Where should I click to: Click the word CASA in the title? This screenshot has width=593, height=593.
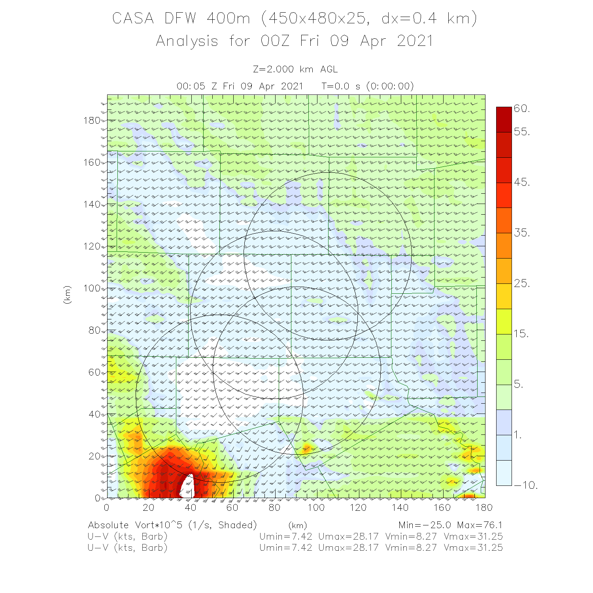click(x=133, y=19)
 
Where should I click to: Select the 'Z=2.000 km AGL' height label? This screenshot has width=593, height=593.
click(x=295, y=70)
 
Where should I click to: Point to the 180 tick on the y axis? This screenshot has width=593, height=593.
click(x=92, y=121)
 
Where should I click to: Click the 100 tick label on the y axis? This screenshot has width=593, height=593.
click(x=92, y=288)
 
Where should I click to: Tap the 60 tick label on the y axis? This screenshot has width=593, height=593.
click(x=94, y=372)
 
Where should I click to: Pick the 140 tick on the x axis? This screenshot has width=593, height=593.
click(x=400, y=508)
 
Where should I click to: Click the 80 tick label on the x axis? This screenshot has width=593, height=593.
click(x=274, y=508)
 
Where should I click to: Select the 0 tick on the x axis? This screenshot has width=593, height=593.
click(x=107, y=508)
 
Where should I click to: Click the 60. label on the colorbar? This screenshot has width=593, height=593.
click(x=522, y=109)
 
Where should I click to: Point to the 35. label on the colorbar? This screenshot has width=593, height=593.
click(x=522, y=233)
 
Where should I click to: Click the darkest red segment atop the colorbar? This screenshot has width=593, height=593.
click(x=504, y=119)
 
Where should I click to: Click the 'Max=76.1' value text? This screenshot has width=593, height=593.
click(x=480, y=525)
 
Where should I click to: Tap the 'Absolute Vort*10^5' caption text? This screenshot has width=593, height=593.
click(x=137, y=525)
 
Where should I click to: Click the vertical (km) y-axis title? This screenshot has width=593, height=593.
click(x=67, y=295)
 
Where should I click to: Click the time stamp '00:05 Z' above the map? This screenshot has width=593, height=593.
click(x=196, y=86)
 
